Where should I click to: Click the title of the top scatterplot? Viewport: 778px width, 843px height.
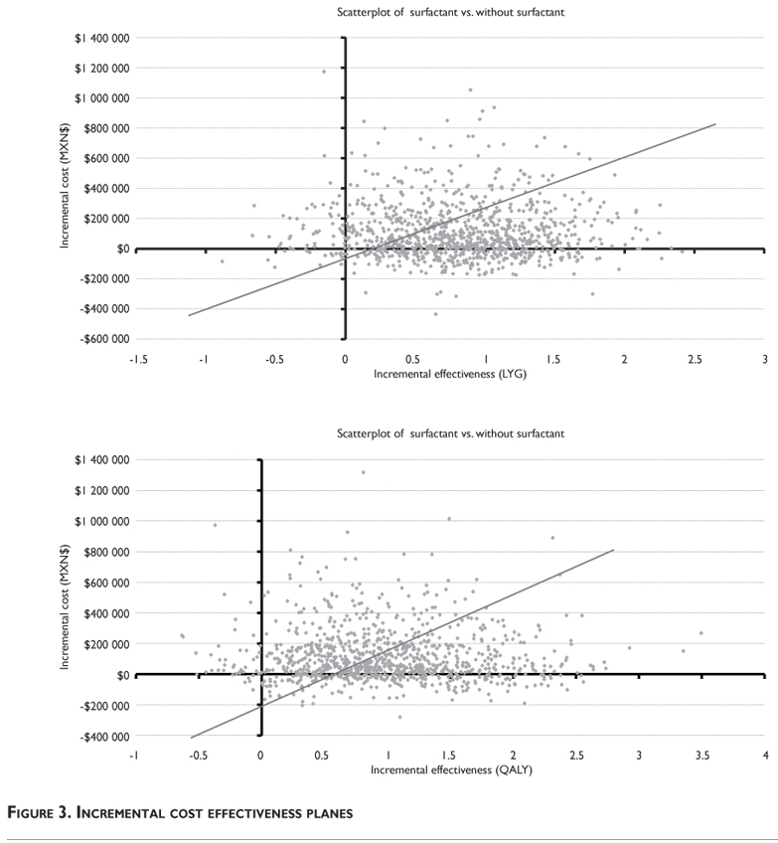450,12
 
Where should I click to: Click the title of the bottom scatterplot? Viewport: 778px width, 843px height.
450,434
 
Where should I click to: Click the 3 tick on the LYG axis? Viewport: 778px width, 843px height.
764,359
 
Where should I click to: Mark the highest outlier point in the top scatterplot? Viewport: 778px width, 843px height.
324,72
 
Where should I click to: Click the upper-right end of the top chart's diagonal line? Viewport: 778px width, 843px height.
714,124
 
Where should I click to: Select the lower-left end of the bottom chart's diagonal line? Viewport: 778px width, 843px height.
191,738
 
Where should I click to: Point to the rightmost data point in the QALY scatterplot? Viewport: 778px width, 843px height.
700,633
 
